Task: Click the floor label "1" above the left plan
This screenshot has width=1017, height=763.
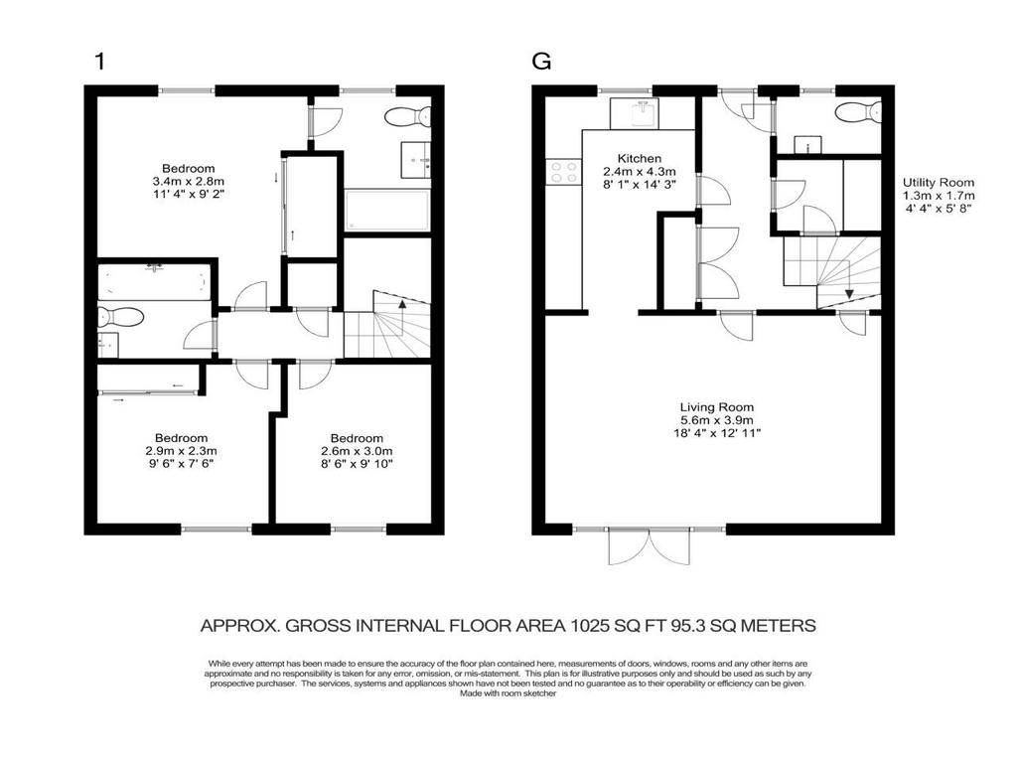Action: coord(98,62)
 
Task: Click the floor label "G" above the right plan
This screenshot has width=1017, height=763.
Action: coord(541,62)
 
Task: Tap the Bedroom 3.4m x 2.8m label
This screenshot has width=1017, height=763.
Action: coord(189,182)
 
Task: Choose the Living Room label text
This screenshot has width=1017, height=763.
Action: coord(716,419)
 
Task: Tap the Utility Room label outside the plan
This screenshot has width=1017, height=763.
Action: coord(938,196)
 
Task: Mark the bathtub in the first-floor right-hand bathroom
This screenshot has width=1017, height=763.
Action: coord(386,211)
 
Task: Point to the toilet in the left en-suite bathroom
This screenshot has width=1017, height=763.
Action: coord(122,317)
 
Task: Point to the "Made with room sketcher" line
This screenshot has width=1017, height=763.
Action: coord(508,694)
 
